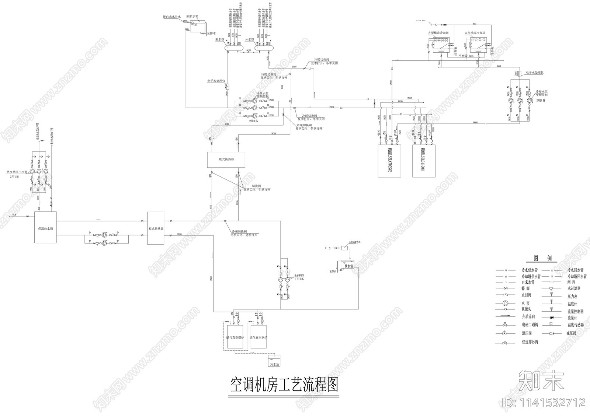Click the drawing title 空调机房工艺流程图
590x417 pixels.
[x=284, y=385]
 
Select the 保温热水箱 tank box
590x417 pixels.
[x=45, y=227]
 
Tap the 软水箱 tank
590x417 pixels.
[x=348, y=265]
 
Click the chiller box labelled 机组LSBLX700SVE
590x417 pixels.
[x=389, y=161]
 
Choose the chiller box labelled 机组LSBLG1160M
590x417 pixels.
[x=423, y=161]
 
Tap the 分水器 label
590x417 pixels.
[x=249, y=39]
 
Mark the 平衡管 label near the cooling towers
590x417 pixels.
[x=463, y=56]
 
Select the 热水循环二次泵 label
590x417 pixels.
[x=17, y=172]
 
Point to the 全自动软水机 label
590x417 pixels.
[x=354, y=242]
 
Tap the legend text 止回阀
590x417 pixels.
[x=526, y=295]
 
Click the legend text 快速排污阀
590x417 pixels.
[x=530, y=342]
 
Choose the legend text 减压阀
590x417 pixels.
[x=572, y=333]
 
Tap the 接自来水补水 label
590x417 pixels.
[x=172, y=17]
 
